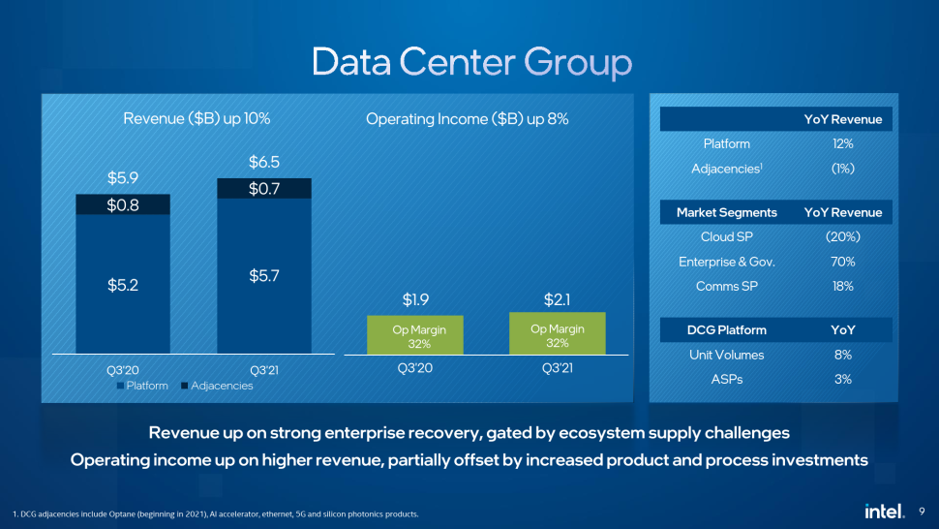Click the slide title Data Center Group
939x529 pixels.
pos(471,62)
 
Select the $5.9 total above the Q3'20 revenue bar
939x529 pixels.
pos(123,178)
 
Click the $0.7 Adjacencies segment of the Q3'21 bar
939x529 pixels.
pos(263,188)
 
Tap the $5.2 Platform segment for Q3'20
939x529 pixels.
pos(123,285)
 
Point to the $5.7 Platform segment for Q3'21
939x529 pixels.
pos(263,276)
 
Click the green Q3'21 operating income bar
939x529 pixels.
pos(557,333)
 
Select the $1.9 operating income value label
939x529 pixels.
pos(414,298)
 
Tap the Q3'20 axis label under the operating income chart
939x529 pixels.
pos(414,369)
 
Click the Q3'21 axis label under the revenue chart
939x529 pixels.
pos(263,369)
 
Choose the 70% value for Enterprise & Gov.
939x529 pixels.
pos(842,262)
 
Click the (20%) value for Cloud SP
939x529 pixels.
pos(842,237)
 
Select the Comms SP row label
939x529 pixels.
pos(726,286)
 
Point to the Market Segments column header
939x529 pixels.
pos(726,212)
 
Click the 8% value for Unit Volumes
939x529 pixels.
pos(842,355)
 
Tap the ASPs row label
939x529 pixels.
pos(726,379)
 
